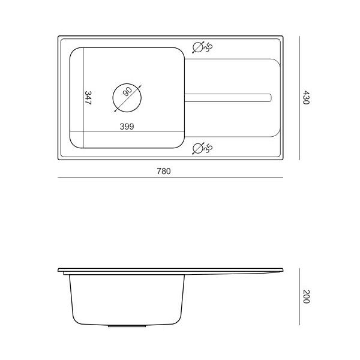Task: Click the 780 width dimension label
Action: [164, 171]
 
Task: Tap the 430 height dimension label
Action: [306, 97]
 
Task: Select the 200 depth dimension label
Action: [306, 296]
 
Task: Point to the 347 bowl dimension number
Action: [88, 98]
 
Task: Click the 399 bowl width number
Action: [127, 127]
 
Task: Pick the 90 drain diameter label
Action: [127, 91]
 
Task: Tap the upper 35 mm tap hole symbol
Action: [198, 47]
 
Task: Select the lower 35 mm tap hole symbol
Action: [198, 148]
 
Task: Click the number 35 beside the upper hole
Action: [208, 47]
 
